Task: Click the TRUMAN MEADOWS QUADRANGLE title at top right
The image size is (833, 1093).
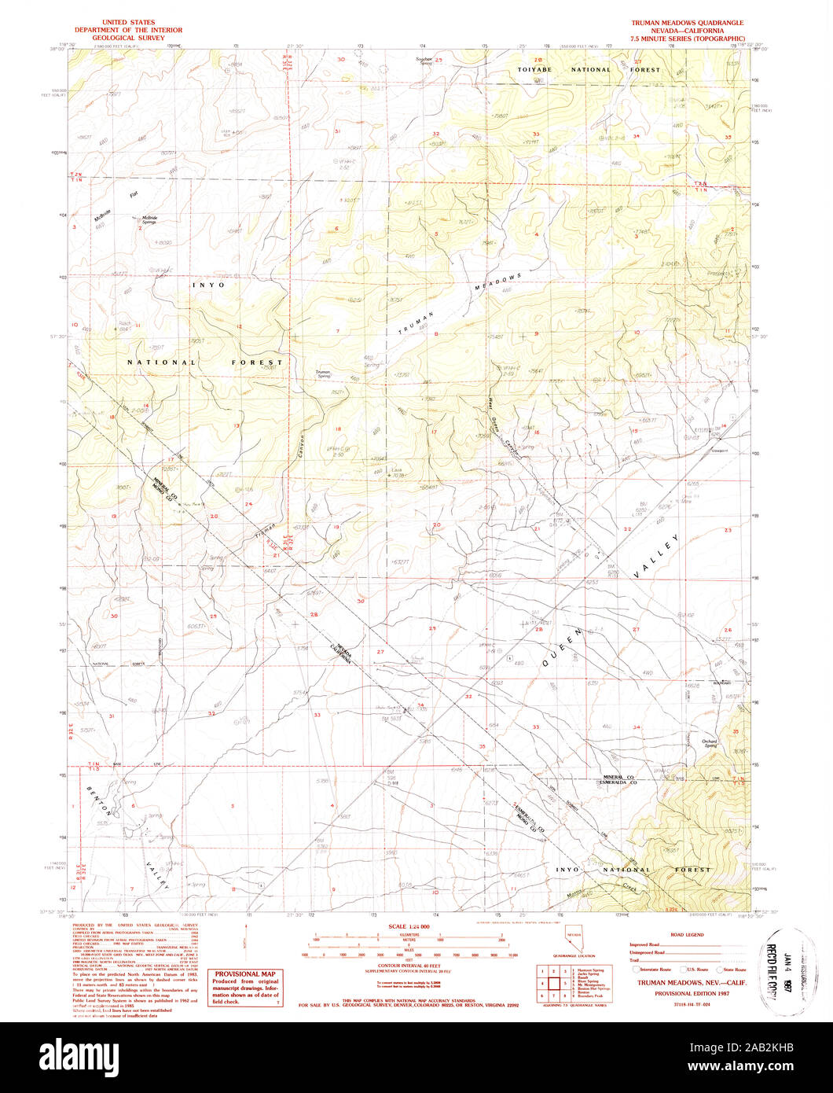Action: point(688,23)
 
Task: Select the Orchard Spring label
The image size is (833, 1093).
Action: point(710,742)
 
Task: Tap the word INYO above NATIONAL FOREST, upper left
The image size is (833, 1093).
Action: point(208,285)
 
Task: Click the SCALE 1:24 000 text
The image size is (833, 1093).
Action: point(409,928)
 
